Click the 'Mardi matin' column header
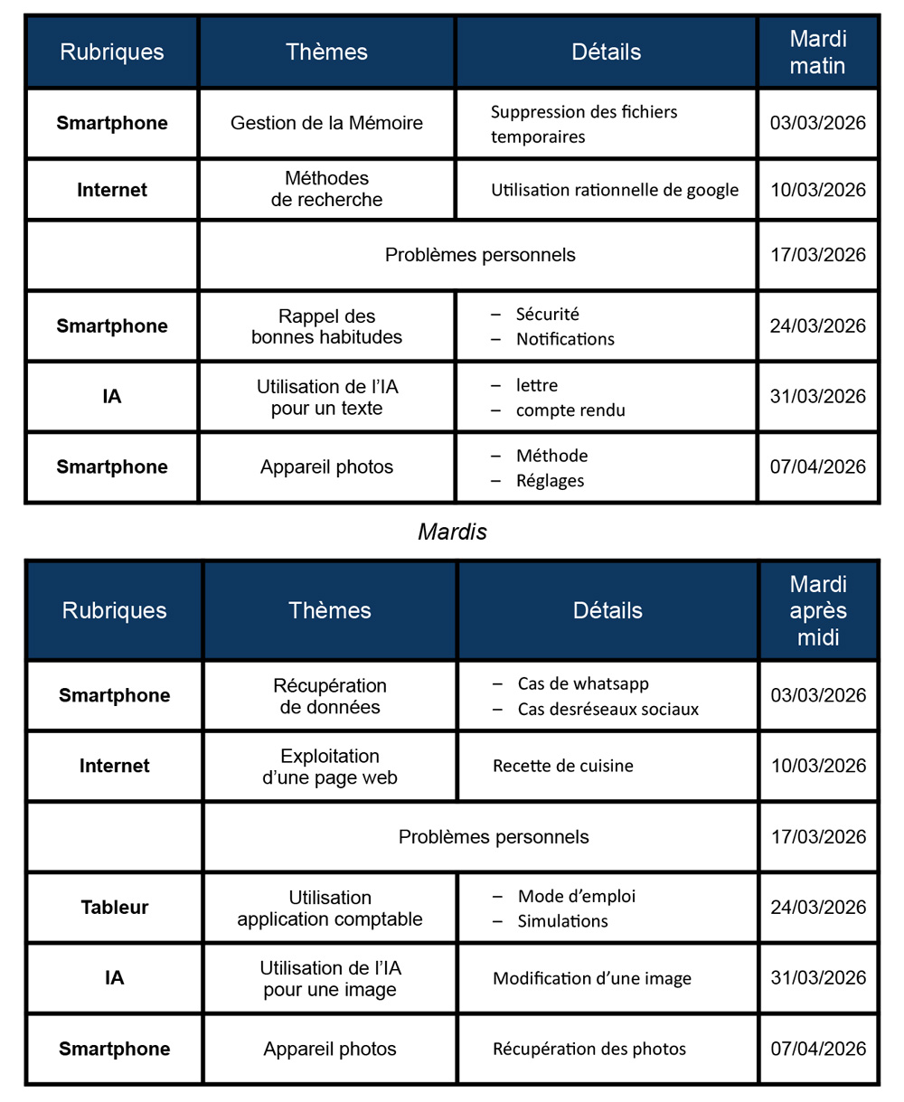pyautogui.click(x=817, y=52)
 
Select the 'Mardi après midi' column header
pyautogui.click(x=817, y=610)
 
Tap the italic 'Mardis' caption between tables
pyautogui.click(x=452, y=532)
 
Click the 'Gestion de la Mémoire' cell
pyautogui.click(x=326, y=123)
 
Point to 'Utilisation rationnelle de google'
pyautogui.click(x=615, y=190)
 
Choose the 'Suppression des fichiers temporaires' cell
pyautogui.click(x=583, y=124)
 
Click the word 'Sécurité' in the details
pyautogui.click(x=547, y=315)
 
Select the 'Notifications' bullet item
pyautogui.click(x=565, y=339)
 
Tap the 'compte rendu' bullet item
pyautogui.click(x=570, y=410)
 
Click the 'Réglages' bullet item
pyautogui.click(x=550, y=481)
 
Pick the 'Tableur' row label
pyautogui.click(x=115, y=908)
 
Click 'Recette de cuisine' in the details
pyautogui.click(x=562, y=766)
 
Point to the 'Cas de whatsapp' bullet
pyautogui.click(x=583, y=683)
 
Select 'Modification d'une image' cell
pyautogui.click(x=592, y=978)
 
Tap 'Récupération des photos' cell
pyautogui.click(x=589, y=1049)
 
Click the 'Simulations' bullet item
pyautogui.click(x=562, y=921)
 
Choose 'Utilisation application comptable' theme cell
pyautogui.click(x=330, y=909)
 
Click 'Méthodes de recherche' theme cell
pyautogui.click(x=326, y=189)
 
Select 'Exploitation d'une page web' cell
pyautogui.click(x=330, y=767)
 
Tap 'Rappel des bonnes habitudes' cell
pyautogui.click(x=326, y=326)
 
